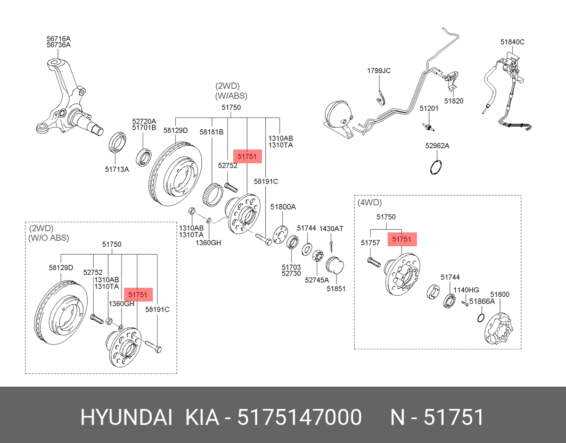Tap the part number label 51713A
click(x=116, y=170)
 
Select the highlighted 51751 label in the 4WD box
click(x=401, y=240)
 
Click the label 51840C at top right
click(x=512, y=41)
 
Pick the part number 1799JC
click(x=379, y=71)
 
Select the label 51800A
click(x=283, y=207)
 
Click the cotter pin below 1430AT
click(x=331, y=246)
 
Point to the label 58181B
click(x=211, y=131)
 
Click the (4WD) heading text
click(x=370, y=203)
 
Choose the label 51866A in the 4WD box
click(x=482, y=301)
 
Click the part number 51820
click(x=454, y=101)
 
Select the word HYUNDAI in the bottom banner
click(x=126, y=417)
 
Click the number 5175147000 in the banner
click(x=299, y=417)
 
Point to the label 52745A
click(x=317, y=280)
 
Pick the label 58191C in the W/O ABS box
click(x=157, y=309)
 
